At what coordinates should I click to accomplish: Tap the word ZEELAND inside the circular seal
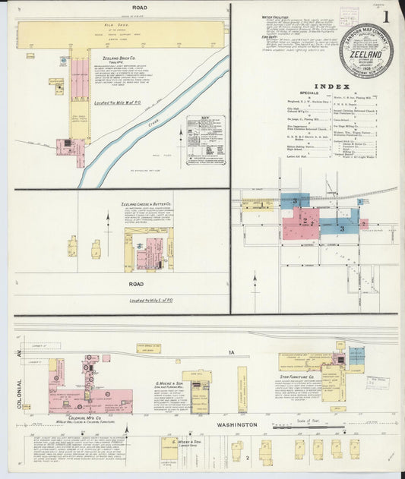click(x=366, y=55)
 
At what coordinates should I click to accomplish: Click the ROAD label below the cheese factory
click(x=137, y=284)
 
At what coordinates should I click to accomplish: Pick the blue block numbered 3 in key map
click(x=341, y=227)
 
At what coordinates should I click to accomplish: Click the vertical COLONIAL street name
click(x=21, y=393)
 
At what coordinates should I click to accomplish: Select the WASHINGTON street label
click(x=235, y=425)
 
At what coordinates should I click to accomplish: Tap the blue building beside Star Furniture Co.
click(x=356, y=356)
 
